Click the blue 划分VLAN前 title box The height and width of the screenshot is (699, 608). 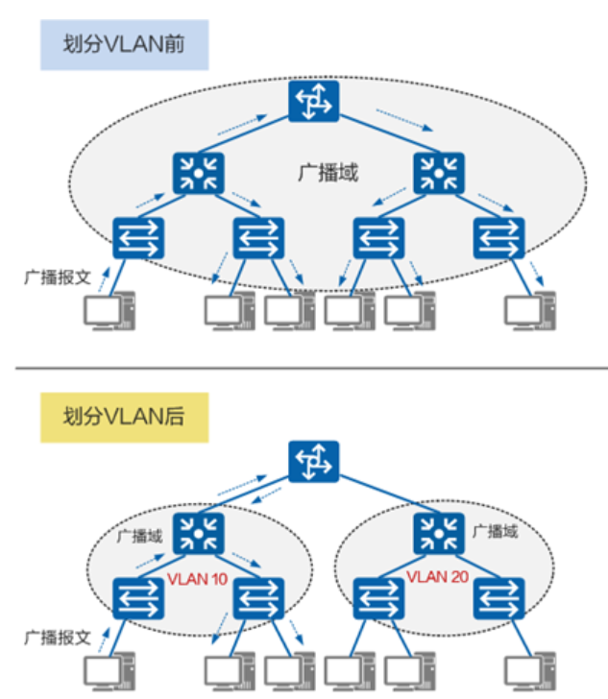tap(124, 45)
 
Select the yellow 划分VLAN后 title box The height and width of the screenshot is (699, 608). tap(124, 417)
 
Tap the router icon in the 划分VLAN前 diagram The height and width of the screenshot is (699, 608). tap(313, 101)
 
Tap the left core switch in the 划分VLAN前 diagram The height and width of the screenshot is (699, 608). tap(199, 172)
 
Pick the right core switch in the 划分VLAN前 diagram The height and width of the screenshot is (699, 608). tap(439, 172)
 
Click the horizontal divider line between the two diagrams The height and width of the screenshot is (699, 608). tap(304, 367)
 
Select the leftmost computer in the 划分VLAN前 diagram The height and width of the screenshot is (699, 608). tap(107, 312)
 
